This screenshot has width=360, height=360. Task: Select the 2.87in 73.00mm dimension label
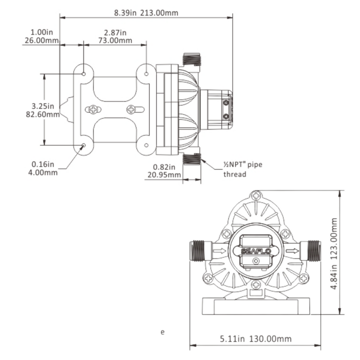pos(115,36)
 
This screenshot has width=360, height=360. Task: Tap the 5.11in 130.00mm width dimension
pos(255,339)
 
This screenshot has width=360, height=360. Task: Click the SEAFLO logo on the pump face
pos(256,251)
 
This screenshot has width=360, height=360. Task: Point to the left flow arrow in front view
pos(219,250)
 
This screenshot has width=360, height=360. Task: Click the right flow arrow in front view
pos(292,250)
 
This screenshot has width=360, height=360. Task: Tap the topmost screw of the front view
pos(256,195)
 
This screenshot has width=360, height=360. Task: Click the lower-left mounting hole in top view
pos(84,145)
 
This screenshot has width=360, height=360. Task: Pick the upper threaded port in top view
pos(192,59)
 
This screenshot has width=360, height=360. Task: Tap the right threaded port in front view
pos(313,250)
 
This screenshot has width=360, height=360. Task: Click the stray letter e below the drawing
pos(162,332)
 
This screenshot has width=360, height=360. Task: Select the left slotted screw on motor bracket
pos(93,109)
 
